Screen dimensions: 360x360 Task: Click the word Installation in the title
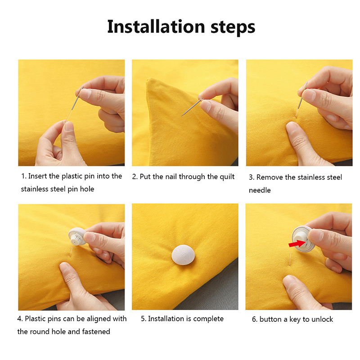pos(156,27)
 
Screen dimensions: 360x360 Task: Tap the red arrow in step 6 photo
pos(297,243)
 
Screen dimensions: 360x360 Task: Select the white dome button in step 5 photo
pos(183,255)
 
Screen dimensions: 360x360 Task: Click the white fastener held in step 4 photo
pos(77,236)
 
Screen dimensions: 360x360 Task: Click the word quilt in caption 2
pos(227,177)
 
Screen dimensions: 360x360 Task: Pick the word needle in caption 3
pos(260,190)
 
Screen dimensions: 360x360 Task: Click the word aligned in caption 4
pos(99,319)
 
